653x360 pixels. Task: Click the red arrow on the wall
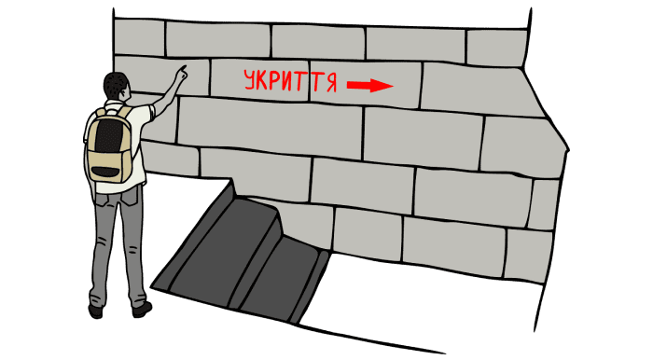click(x=369, y=85)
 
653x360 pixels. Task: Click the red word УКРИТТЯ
click(x=290, y=80)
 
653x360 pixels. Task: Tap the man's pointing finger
click(x=183, y=70)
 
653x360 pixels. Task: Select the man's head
click(x=116, y=86)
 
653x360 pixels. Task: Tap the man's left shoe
click(x=96, y=312)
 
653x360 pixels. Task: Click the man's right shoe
click(x=142, y=309)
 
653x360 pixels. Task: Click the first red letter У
click(x=249, y=80)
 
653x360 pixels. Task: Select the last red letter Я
click(x=331, y=83)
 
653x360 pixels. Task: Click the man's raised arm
click(x=168, y=92)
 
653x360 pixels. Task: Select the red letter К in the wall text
click(x=261, y=80)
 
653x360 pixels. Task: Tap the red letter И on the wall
click(x=287, y=81)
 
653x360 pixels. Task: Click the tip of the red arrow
click(x=394, y=86)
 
